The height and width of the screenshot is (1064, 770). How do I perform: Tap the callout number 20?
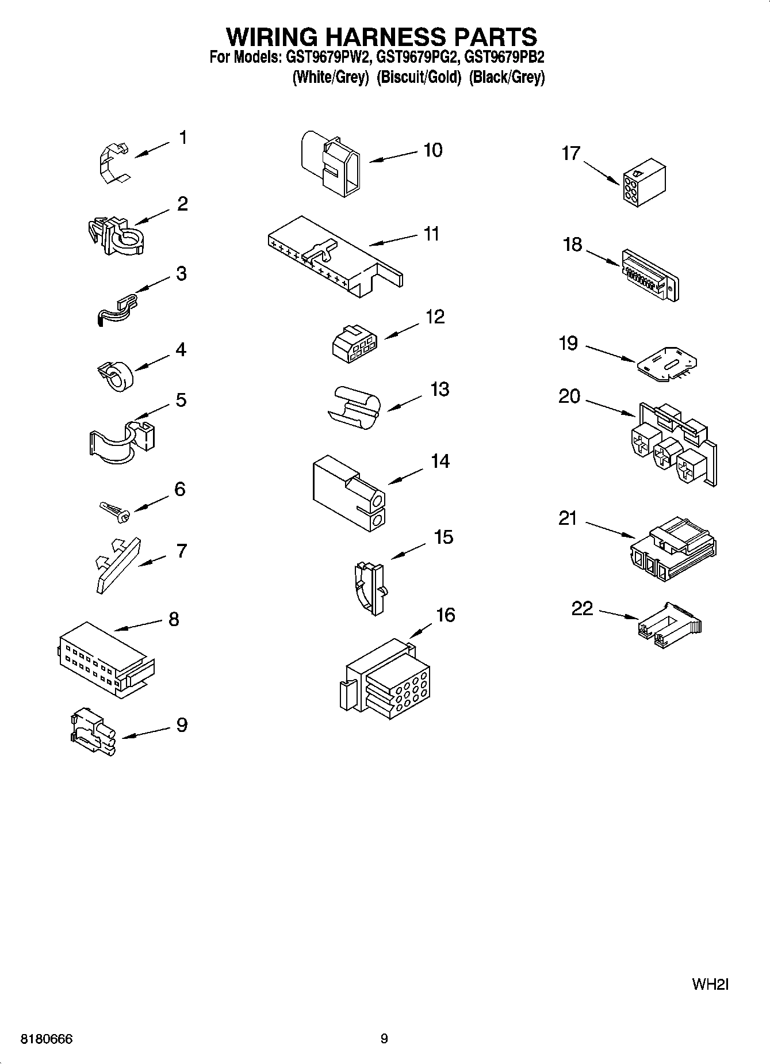[569, 396]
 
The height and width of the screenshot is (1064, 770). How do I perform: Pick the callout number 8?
[174, 619]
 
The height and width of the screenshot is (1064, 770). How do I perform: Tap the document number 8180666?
[47, 1039]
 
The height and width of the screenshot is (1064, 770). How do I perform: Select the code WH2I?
[710, 984]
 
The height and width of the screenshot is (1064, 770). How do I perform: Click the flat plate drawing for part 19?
[668, 363]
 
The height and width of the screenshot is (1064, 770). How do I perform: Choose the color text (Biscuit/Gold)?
[419, 77]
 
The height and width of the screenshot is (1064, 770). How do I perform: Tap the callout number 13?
[439, 390]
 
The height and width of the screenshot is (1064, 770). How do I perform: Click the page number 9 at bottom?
[384, 1038]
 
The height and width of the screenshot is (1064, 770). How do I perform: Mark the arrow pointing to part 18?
[603, 257]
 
